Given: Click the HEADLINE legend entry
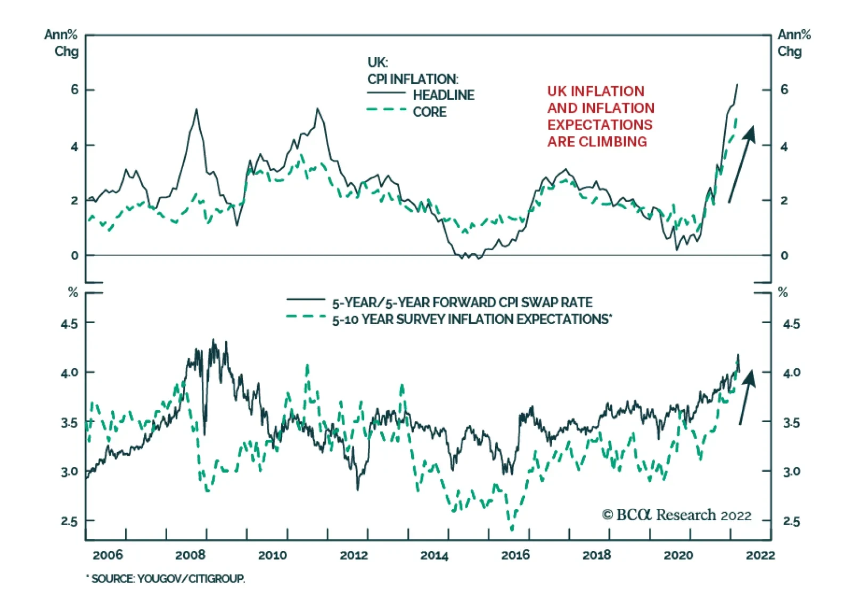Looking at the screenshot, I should coord(443,95).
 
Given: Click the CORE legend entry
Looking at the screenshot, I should coord(429,112).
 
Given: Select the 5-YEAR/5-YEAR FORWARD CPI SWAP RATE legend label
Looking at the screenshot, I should coord(462,303).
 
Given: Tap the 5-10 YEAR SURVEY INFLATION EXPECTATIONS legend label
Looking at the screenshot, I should coord(472,319).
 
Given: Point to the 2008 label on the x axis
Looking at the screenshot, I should coord(190,555).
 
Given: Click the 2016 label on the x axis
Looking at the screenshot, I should coord(515,555).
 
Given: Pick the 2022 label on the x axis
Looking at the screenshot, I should coord(760,555).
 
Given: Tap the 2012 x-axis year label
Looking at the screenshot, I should coord(354,555).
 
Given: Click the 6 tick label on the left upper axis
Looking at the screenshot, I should coord(75,89).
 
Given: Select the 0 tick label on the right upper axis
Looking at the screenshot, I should coord(784,256).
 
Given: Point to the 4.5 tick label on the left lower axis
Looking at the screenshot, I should coord(69,324).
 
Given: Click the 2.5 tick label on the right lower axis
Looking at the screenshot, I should coord(791,521).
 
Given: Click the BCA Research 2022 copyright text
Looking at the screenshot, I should coord(676,515).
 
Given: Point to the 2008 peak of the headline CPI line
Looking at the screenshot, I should coord(196,110).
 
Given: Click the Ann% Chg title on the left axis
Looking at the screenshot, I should coord(61,43).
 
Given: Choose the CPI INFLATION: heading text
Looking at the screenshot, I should coord(412,79).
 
